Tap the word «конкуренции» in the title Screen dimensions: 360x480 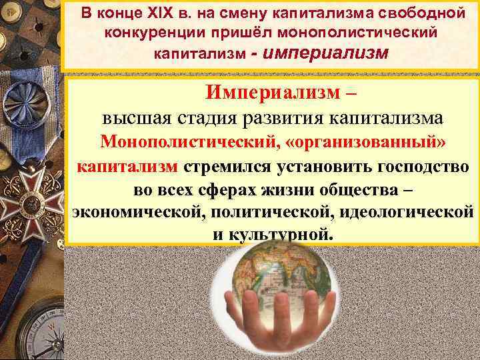[151, 33]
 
